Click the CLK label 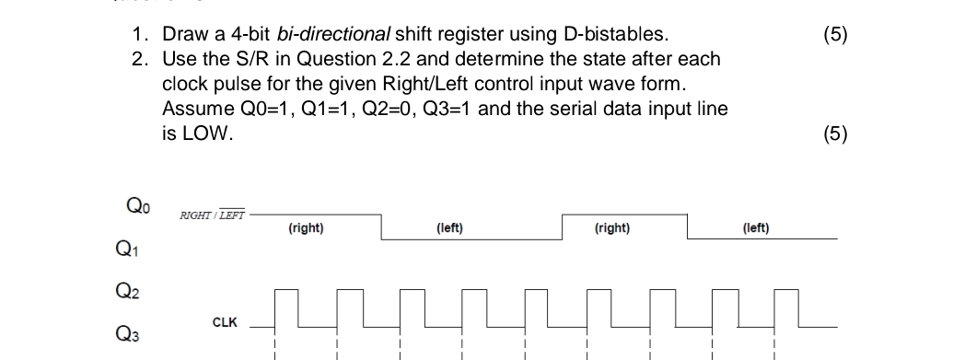pyautogui.click(x=225, y=322)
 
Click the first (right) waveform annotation pyautogui.click(x=305, y=227)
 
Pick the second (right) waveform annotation pyautogui.click(x=612, y=227)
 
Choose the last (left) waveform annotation pyautogui.click(x=755, y=227)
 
